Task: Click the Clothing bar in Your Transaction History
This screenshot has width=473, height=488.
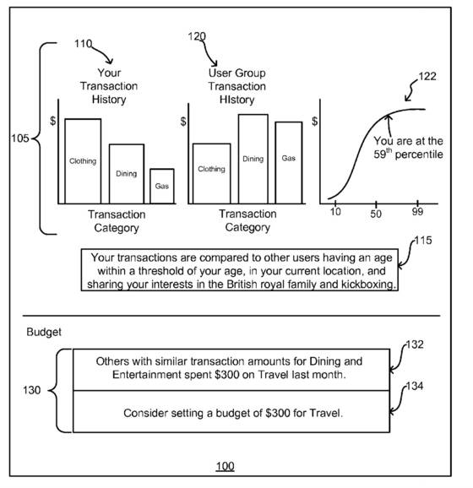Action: click(x=83, y=161)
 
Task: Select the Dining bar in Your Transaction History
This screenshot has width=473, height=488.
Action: click(x=127, y=174)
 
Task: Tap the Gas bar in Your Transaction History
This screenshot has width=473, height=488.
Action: click(x=162, y=187)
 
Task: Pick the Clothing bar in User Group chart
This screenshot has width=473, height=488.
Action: click(x=212, y=174)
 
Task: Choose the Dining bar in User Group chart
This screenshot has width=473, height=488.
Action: click(x=253, y=159)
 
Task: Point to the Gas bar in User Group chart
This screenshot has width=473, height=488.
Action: click(x=289, y=163)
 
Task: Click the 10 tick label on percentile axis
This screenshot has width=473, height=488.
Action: click(x=335, y=212)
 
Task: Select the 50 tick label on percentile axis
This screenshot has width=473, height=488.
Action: click(x=376, y=214)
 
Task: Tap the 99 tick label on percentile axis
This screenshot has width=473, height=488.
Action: click(x=417, y=212)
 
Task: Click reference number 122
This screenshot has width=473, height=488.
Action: click(x=427, y=77)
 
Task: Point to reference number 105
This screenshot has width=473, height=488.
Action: click(x=20, y=138)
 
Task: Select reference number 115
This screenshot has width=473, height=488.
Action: click(x=423, y=241)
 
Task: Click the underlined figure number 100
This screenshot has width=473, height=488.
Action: click(x=226, y=466)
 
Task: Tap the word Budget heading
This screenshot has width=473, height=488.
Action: click(x=44, y=333)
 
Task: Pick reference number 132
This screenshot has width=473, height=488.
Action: click(x=415, y=344)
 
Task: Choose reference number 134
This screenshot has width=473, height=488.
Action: click(x=415, y=386)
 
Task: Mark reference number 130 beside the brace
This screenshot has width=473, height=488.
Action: click(x=32, y=390)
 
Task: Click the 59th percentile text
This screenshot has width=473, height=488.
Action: click(x=408, y=154)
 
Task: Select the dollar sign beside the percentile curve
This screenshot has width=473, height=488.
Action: click(x=315, y=121)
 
